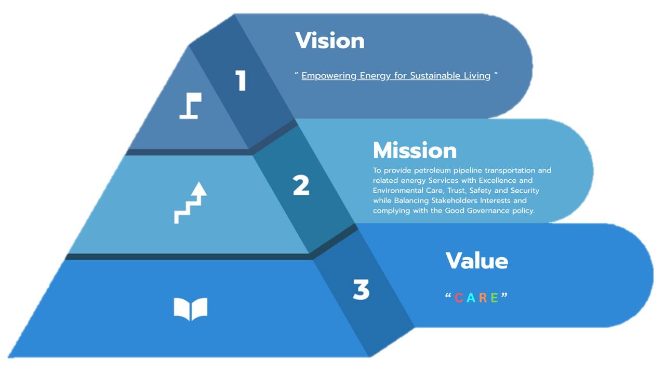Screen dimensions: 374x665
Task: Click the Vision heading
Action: (330, 41)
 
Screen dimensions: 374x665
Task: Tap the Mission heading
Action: (415, 151)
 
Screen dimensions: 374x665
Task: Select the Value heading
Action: (476, 260)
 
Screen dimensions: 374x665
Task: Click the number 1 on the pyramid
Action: (241, 81)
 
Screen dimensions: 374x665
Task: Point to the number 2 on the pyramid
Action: (301, 185)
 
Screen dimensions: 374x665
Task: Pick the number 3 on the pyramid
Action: (361, 290)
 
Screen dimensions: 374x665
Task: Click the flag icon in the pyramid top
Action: (191, 106)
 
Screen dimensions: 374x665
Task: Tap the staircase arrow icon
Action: (190, 203)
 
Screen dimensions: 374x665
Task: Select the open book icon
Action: (190, 309)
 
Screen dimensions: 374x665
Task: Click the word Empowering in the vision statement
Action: (329, 76)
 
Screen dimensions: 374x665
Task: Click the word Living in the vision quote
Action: (477, 76)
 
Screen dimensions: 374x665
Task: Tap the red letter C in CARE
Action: (459, 298)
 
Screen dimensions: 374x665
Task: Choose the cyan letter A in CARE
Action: (471, 298)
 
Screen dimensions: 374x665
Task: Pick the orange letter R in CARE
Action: (483, 298)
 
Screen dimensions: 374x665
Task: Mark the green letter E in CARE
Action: (494, 298)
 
